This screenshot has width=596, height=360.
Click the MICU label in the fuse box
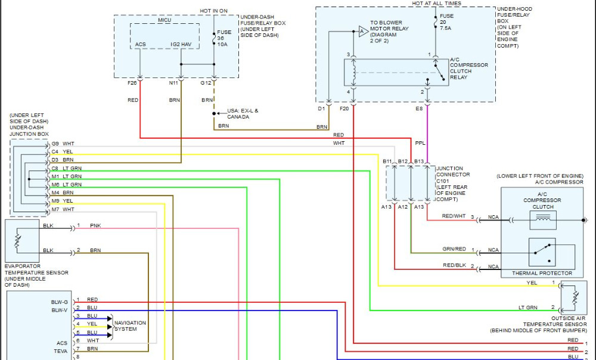point(164,20)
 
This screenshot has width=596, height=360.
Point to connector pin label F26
point(132,83)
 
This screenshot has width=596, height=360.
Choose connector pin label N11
point(173,83)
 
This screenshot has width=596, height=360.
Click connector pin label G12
point(206,83)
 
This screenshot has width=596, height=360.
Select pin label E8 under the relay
point(420,108)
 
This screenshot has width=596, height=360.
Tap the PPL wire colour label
point(420,143)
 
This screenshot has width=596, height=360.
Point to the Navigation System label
point(130,326)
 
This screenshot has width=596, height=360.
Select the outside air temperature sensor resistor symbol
point(573,296)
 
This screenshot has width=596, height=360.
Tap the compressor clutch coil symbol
point(543,220)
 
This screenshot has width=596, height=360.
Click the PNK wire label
point(95,226)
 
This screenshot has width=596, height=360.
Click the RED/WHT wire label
point(454,217)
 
